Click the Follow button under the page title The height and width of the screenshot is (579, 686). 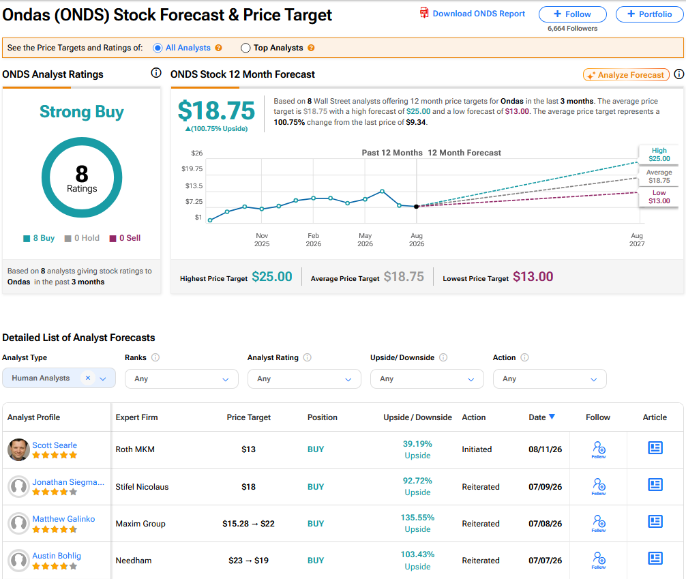[x=572, y=14]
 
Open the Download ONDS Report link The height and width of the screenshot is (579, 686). [x=473, y=14]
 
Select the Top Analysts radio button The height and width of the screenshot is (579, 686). [x=245, y=48]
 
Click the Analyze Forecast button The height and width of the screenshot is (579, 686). [x=626, y=75]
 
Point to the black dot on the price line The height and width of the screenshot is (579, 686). [x=417, y=207]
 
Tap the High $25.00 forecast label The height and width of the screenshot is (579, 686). [x=659, y=155]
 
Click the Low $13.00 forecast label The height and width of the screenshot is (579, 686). [x=659, y=197]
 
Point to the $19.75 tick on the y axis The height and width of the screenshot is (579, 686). [x=192, y=169]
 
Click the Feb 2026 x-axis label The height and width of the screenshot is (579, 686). [x=313, y=240]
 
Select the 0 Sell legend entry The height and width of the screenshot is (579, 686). [x=125, y=238]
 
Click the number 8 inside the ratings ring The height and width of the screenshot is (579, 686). [x=82, y=174]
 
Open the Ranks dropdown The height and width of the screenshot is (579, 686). [x=181, y=379]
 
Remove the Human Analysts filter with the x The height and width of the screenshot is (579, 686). [x=88, y=378]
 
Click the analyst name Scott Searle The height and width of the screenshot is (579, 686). [x=55, y=445]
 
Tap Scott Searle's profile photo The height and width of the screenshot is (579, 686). [x=19, y=449]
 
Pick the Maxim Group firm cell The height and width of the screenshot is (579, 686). [x=140, y=524]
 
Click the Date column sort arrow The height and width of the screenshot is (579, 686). [x=552, y=417]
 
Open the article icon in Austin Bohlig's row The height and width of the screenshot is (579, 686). [x=655, y=559]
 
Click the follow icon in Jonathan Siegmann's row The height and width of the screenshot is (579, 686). [x=599, y=486]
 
